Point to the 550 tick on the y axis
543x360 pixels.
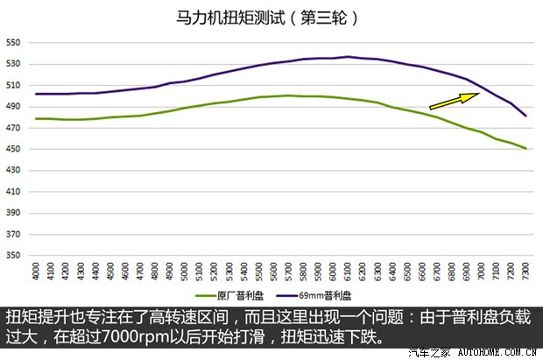tap(13, 42)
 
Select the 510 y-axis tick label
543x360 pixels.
tap(13, 85)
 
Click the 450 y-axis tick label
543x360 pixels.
tap(13, 149)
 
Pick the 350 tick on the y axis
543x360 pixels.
tap(13, 256)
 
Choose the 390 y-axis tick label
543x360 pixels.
tap(13, 213)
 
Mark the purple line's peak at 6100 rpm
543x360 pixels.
tap(348, 57)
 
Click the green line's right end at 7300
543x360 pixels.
tap(525, 148)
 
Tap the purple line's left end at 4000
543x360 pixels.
tap(36, 94)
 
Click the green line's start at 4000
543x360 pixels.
tap(36, 118)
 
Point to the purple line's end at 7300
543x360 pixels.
tap(525, 116)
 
